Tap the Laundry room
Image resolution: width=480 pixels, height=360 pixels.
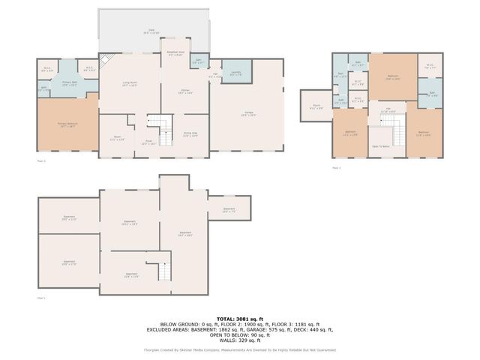235,73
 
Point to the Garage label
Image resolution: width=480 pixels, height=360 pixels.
247,113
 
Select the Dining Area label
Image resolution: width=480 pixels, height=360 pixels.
190,135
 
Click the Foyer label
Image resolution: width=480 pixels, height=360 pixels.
149,142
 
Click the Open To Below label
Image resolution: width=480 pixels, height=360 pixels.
381,146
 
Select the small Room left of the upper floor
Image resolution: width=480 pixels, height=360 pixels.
315,107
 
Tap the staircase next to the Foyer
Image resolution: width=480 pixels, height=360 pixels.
159,124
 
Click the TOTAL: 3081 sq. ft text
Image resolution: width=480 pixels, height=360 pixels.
239,319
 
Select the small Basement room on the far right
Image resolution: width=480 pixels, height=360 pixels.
229,210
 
